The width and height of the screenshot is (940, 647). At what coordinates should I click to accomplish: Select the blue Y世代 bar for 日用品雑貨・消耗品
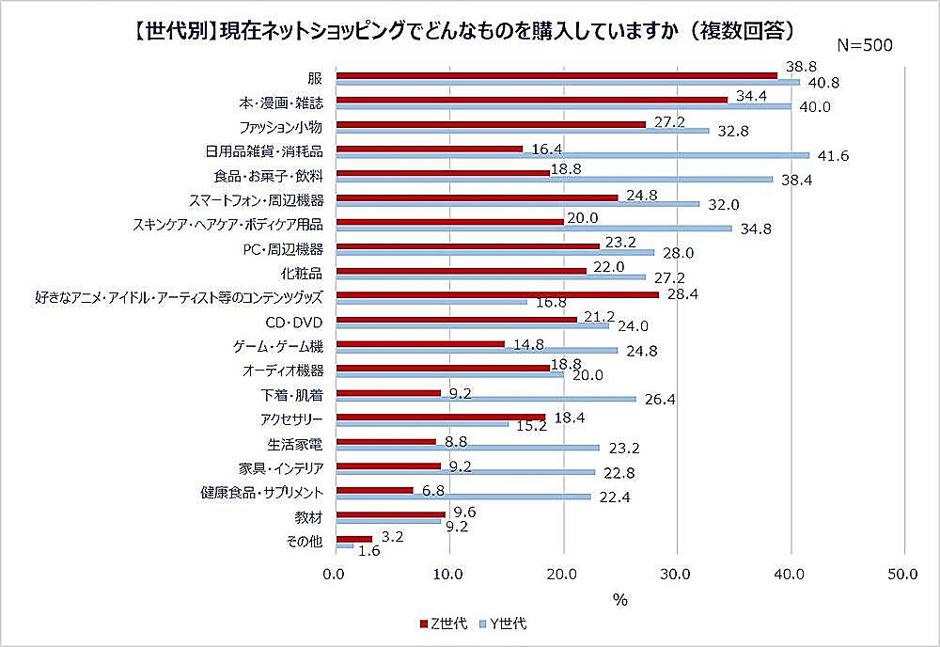click(572, 155)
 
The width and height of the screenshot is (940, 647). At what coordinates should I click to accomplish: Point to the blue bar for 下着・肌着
click(485, 399)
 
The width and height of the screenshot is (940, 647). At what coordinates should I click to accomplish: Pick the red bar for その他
click(353, 539)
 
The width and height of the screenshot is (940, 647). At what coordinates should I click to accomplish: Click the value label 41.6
click(833, 156)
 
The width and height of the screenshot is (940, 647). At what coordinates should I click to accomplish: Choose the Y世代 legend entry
click(509, 623)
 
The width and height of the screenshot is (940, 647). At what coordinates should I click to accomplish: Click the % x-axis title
click(619, 598)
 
